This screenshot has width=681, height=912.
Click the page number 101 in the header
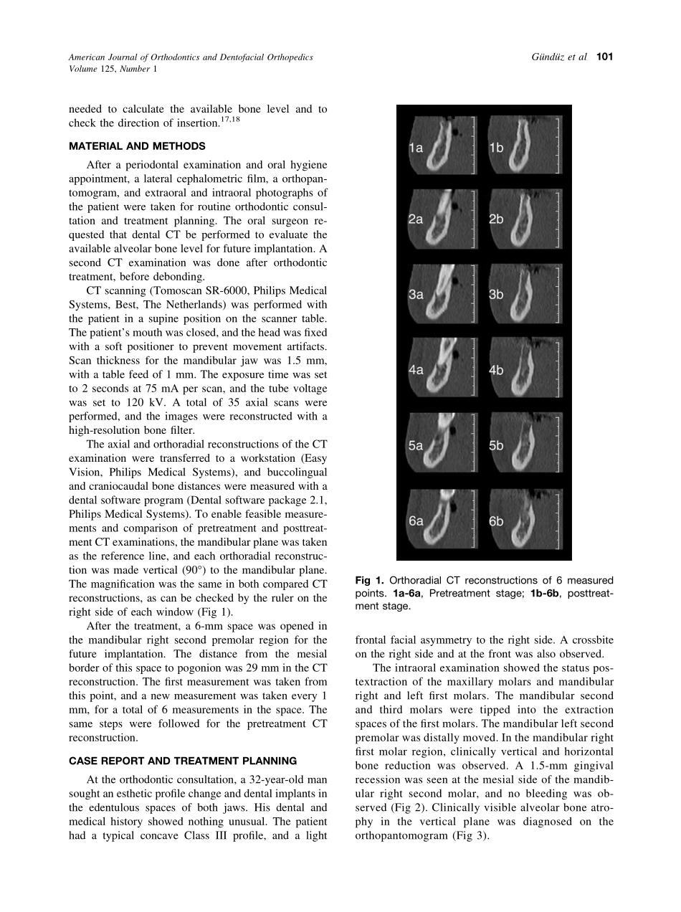pyautogui.click(x=604, y=57)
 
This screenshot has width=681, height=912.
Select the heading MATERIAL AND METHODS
pyautogui.click(x=137, y=146)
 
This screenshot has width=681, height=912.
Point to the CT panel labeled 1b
pyautogui.click(x=524, y=145)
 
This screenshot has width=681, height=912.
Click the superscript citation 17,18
pyautogui.click(x=232, y=118)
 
